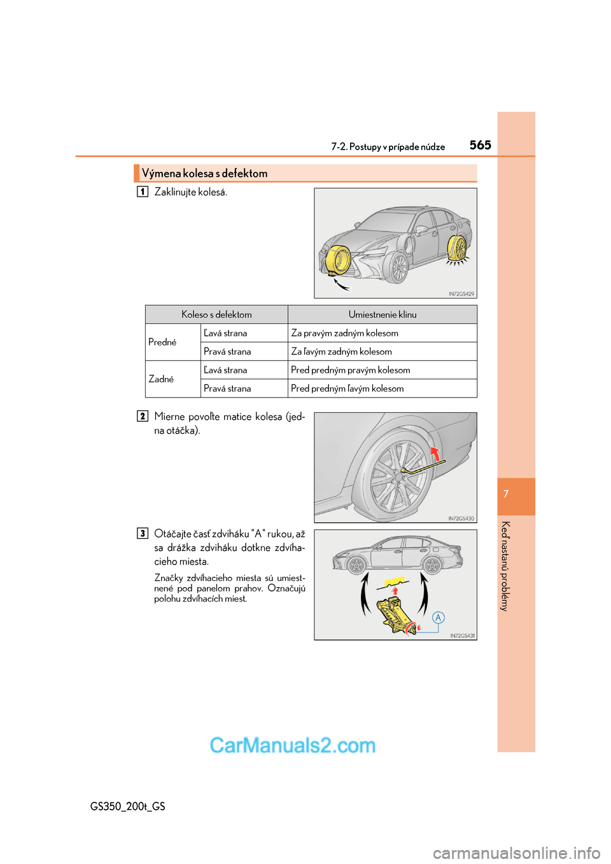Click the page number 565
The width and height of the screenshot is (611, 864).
(x=480, y=145)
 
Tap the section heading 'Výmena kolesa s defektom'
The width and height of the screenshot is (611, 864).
(x=204, y=173)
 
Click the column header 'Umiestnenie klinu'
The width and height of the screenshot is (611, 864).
(x=382, y=314)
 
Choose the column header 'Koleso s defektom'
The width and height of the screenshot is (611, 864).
(x=216, y=314)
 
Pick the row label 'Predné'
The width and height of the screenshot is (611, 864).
(x=162, y=342)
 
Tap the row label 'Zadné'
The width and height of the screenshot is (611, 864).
(x=161, y=379)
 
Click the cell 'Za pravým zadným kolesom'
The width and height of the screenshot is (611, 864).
(x=344, y=333)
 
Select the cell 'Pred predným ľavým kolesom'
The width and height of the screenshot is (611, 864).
(x=347, y=388)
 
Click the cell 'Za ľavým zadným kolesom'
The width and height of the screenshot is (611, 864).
(x=341, y=351)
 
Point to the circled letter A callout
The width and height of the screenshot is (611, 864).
(x=438, y=617)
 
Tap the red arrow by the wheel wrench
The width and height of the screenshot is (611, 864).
(x=435, y=454)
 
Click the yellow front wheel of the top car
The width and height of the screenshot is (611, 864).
(x=337, y=260)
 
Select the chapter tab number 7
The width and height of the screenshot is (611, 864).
(x=506, y=494)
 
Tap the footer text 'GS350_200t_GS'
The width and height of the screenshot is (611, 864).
(x=127, y=806)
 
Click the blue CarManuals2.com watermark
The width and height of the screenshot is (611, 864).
(x=293, y=745)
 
